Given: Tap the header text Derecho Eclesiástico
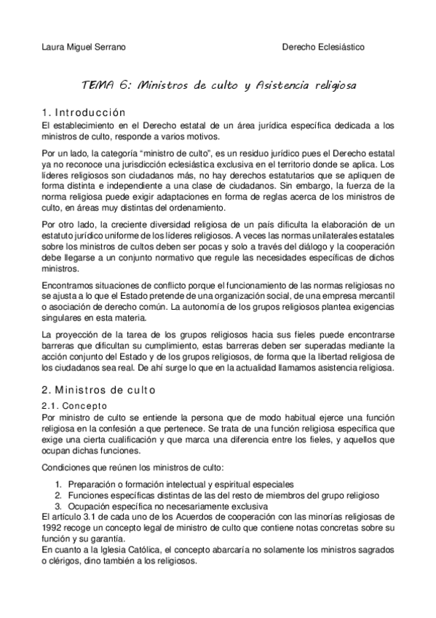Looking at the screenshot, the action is [x=323, y=47].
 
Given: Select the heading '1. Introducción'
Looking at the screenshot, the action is [x=85, y=113].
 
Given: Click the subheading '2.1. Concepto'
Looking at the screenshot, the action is [x=75, y=405].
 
